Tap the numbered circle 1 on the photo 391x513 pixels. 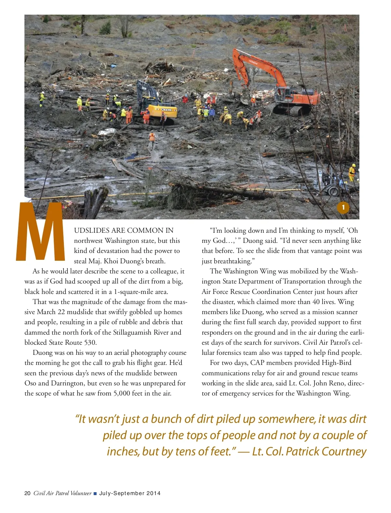click(x=343, y=207)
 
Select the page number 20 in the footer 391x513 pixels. click(x=27, y=493)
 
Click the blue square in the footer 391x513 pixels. click(x=95, y=493)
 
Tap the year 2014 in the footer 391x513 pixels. click(x=153, y=493)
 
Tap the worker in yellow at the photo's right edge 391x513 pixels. click(x=352, y=172)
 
